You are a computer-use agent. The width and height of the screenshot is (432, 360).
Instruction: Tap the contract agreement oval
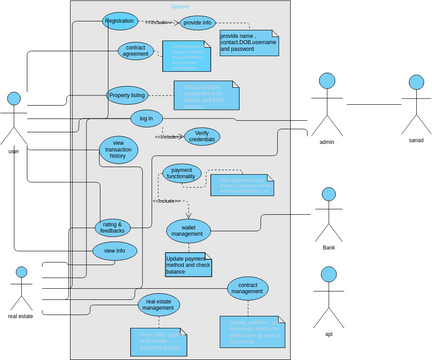[x=136, y=51]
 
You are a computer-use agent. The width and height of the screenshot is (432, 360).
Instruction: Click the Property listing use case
[x=126, y=95]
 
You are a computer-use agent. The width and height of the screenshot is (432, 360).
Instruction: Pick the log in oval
[x=147, y=118]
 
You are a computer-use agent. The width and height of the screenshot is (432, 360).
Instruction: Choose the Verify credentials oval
[x=202, y=136]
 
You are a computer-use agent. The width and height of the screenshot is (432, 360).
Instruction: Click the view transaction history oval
[x=118, y=151]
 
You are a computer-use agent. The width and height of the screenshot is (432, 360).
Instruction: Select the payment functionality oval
[x=183, y=174]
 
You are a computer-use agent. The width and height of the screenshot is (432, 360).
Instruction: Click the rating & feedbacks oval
[x=112, y=228]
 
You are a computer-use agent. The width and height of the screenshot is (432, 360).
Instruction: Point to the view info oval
[x=114, y=250]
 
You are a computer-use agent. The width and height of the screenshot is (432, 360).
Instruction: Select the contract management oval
[x=246, y=289]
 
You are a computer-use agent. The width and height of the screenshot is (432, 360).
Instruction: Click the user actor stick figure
[x=14, y=118]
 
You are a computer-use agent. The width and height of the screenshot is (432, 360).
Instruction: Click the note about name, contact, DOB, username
[x=248, y=43]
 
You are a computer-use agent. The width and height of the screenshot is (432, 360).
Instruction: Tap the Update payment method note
[x=190, y=264]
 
